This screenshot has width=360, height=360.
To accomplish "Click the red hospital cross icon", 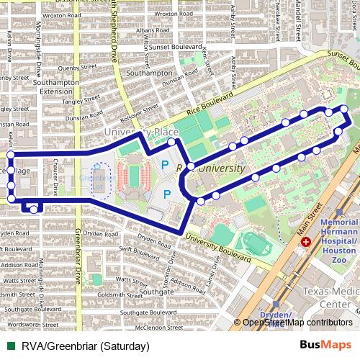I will tap(307, 243).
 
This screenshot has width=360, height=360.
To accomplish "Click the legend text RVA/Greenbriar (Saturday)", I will tap(84, 346).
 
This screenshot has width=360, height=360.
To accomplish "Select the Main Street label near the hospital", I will tap(314, 216).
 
